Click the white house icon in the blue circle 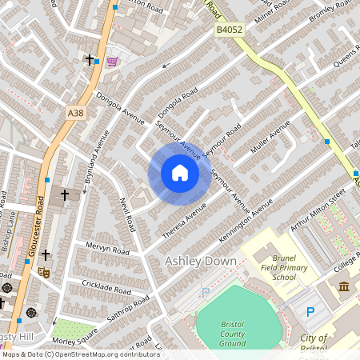[180, 174]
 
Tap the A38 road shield [76, 114]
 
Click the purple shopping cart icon [113, 61]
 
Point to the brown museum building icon [344, 286]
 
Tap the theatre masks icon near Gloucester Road [46, 273]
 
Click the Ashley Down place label [200, 262]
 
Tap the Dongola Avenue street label [112, 110]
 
